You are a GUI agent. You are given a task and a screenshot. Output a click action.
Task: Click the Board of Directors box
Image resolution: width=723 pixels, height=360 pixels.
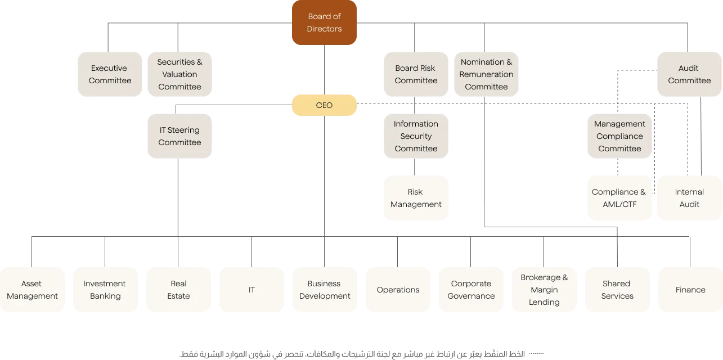click(x=325, y=23)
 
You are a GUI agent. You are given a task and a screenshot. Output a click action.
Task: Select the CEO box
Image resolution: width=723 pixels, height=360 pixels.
click(x=325, y=106)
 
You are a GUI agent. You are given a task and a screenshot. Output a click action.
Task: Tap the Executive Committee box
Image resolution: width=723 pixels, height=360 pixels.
click(x=109, y=74)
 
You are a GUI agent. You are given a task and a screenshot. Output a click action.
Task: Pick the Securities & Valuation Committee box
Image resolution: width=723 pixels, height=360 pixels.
click(x=179, y=74)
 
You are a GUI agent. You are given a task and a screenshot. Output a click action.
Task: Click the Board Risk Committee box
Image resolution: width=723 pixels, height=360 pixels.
click(x=416, y=74)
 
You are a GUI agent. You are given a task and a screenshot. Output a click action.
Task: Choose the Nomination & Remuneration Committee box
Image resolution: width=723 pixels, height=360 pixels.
click(x=486, y=74)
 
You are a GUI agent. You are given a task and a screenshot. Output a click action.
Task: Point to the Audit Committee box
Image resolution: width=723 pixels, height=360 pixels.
click(x=689, y=74)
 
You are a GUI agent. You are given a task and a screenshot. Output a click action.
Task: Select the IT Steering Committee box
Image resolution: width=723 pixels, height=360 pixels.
click(x=179, y=137)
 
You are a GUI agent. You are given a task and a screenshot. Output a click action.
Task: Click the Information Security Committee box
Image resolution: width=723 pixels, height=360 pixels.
click(x=416, y=137)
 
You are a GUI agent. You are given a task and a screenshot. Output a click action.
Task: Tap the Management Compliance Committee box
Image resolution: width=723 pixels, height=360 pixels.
click(x=619, y=137)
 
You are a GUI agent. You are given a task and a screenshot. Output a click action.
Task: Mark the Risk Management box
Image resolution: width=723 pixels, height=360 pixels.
click(x=416, y=198)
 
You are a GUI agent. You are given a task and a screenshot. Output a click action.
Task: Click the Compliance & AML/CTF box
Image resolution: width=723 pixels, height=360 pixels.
click(x=619, y=198)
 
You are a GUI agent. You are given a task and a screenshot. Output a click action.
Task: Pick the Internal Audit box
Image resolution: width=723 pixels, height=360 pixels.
click(x=689, y=198)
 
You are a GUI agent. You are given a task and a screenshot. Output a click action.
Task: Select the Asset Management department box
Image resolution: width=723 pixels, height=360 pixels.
click(x=32, y=290)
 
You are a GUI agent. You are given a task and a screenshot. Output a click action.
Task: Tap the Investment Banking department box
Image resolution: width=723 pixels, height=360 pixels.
click(x=105, y=290)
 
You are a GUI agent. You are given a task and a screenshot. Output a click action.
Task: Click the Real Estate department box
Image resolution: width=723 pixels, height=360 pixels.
click(x=178, y=290)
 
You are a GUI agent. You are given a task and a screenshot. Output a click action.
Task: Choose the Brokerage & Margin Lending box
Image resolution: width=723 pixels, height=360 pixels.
click(x=544, y=290)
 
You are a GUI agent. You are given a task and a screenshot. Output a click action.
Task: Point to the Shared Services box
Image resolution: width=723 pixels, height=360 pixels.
click(x=617, y=290)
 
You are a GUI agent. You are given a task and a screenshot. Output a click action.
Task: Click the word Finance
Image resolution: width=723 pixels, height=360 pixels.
click(x=690, y=290)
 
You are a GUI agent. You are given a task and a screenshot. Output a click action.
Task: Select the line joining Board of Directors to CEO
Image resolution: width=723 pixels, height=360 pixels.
click(x=326, y=70)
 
